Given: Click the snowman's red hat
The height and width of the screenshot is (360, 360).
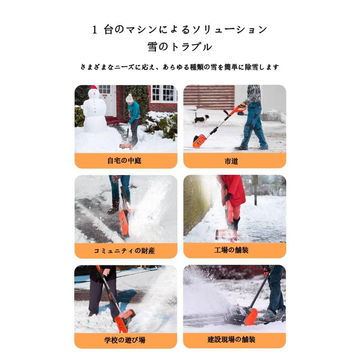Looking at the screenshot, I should point(94,88).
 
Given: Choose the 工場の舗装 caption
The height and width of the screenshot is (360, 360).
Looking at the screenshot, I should point(234,251).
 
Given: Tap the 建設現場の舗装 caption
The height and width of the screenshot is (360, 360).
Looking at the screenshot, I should point(234,340).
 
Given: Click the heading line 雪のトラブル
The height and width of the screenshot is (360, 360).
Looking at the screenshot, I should point(180,47).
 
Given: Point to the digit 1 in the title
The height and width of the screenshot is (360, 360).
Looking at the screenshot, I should point(95,30).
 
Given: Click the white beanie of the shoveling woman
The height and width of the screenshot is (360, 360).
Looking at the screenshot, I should point(129,98).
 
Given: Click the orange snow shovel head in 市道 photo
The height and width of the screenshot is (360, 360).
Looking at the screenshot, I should point(199,141).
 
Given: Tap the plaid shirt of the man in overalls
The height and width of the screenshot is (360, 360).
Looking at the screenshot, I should point(253,94).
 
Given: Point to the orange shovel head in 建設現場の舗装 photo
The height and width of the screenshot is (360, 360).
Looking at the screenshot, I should point(250,316).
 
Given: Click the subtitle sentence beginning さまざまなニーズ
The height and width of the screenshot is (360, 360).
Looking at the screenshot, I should point(180,67).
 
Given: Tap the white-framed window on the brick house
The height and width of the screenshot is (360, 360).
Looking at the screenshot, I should point(164,94).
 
